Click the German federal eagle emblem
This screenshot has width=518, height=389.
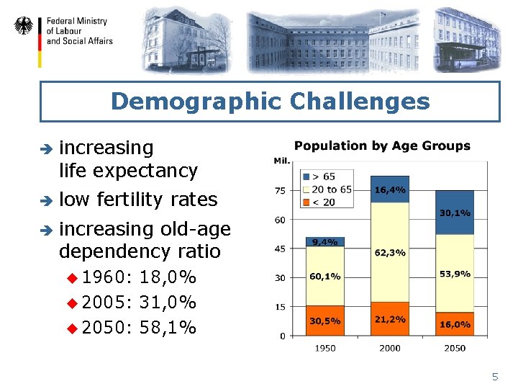(24, 27)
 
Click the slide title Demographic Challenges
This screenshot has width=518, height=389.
(270, 101)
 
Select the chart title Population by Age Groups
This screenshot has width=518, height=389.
(382, 146)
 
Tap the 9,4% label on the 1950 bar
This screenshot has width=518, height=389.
(324, 242)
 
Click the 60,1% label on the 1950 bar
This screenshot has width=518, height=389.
(324, 277)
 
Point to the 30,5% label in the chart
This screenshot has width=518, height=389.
(324, 321)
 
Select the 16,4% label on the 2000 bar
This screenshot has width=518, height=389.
(389, 190)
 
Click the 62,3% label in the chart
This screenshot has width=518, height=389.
(389, 253)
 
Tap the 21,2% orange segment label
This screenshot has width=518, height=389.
(389, 319)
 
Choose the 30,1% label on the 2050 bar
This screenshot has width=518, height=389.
(455, 213)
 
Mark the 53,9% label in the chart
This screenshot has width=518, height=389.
(455, 274)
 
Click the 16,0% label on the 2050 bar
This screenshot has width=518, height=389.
(455, 324)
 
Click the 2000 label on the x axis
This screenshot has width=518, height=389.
(389, 348)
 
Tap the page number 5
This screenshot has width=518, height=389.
(494, 377)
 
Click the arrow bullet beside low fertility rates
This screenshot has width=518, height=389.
(44, 200)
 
